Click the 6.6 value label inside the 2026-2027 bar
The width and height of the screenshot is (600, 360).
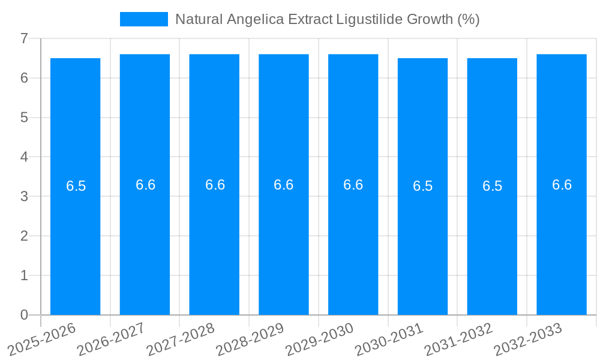click(145, 185)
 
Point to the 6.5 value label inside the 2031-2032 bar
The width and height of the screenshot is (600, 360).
click(492, 186)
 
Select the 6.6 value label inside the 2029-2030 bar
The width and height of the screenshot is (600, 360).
click(353, 185)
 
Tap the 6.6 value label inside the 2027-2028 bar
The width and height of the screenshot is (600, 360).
click(215, 185)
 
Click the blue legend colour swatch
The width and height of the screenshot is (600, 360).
click(144, 19)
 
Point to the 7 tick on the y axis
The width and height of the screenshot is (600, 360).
click(24, 39)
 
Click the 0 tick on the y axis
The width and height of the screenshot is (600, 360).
click(24, 315)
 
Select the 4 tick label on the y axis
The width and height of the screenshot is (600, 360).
click(24, 157)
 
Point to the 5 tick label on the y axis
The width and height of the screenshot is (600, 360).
click(24, 118)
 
